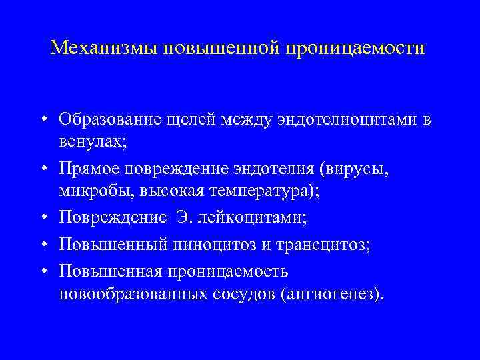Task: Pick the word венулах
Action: [87, 141]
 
